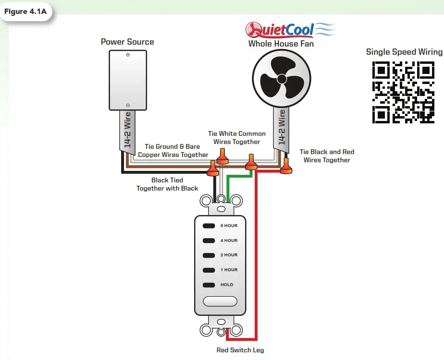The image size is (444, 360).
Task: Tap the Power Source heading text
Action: pyautogui.click(x=127, y=42)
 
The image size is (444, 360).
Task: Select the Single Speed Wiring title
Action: pyautogui.click(x=404, y=52)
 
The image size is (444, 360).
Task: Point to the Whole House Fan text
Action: pyautogui.click(x=281, y=44)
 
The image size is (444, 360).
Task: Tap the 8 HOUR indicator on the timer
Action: pyautogui.click(x=228, y=226)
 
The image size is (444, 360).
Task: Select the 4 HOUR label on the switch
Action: pyautogui.click(x=228, y=240)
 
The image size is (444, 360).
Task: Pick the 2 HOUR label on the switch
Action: pyautogui.click(x=228, y=255)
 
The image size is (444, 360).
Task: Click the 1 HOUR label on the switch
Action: pyautogui.click(x=228, y=270)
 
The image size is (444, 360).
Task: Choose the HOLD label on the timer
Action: pyautogui.click(x=226, y=285)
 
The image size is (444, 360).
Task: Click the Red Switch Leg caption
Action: pyautogui.click(x=240, y=350)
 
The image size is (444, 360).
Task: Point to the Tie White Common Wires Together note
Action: pyautogui.click(x=236, y=138)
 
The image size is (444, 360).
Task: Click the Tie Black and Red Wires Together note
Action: pyautogui.click(x=327, y=156)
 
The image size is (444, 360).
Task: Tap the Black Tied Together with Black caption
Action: pyautogui.click(x=167, y=184)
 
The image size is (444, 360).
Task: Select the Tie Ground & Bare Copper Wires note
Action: pyautogui.click(x=173, y=151)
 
